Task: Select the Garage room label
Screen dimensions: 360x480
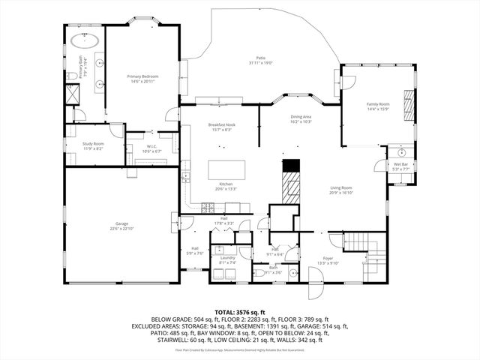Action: pos(121,223)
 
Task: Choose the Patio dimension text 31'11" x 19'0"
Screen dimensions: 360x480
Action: pos(261,64)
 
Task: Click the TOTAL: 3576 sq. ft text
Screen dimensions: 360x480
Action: pos(239,311)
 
